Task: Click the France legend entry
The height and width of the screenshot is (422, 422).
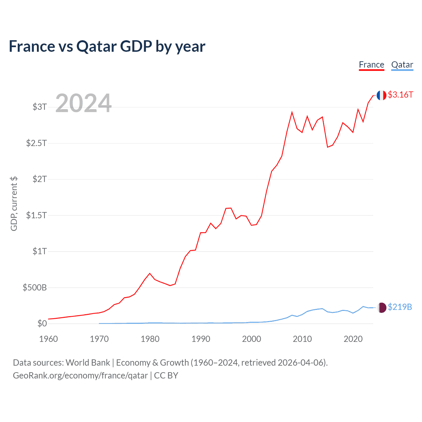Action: click(372, 65)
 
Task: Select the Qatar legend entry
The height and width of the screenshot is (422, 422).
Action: click(402, 65)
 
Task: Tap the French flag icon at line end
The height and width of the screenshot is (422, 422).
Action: click(381, 95)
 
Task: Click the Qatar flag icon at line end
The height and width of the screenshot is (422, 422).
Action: click(381, 308)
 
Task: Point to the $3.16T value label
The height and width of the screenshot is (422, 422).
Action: click(400, 95)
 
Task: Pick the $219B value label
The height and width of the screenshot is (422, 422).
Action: click(400, 307)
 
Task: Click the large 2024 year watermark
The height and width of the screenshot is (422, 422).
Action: click(83, 104)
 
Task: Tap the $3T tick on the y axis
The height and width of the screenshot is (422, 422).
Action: click(40, 107)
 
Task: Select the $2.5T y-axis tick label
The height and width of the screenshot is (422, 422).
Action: click(37, 143)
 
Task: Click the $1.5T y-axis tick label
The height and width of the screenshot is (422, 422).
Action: click(37, 216)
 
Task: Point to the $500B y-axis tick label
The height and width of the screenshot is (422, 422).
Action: click(35, 288)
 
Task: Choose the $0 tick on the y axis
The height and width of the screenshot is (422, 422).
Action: click(42, 324)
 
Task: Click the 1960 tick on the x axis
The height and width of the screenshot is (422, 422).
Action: click(48, 339)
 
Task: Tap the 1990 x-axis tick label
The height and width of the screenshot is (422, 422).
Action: click(201, 339)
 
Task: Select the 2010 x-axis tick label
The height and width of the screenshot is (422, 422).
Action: click(302, 339)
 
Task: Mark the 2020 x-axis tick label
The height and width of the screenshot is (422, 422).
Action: click(353, 339)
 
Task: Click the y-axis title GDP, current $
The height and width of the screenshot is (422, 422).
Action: click(14, 204)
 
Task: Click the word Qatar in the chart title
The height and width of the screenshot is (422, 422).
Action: click(97, 46)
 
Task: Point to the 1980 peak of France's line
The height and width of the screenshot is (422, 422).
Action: click(150, 273)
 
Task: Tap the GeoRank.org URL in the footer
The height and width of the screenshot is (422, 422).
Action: click(80, 376)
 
